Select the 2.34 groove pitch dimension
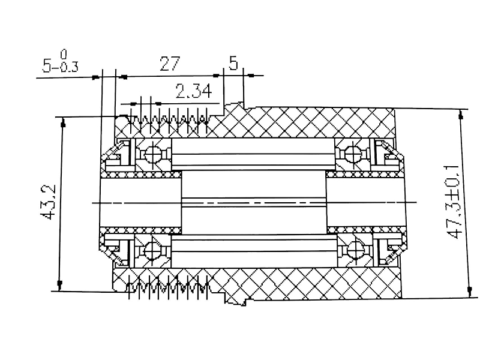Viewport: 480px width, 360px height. coord(193,92)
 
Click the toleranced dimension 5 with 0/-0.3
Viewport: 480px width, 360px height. coord(60,64)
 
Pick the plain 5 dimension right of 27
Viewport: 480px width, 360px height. coord(233,63)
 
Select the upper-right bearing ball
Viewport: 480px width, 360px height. coord(354,154)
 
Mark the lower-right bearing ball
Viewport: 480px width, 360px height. coord(354,248)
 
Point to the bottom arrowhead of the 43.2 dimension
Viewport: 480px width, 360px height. coord(60,283)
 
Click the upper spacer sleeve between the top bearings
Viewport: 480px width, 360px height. coord(252,154)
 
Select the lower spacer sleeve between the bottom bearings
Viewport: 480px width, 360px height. coord(252,248)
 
